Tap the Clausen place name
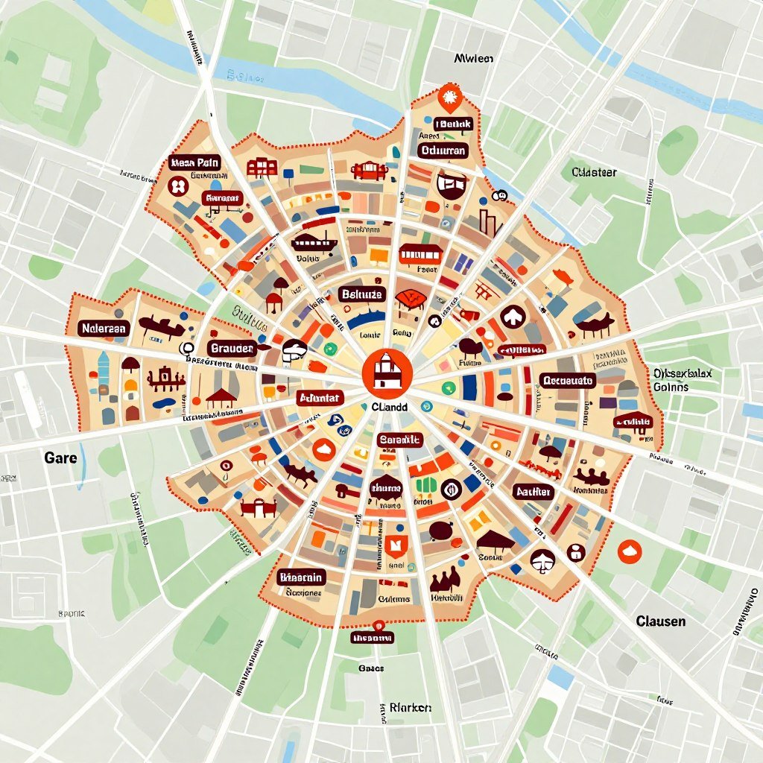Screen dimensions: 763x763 [x=660, y=621]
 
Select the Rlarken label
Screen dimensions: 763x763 [x=410, y=707]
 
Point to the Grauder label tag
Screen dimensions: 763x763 [x=232, y=348]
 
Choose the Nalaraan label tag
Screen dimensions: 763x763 [x=104, y=328]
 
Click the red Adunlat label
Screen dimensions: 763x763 [x=319, y=397]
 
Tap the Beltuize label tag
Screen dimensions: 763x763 [x=361, y=294]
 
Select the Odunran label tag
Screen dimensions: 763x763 [x=443, y=151]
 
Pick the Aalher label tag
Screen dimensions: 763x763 [x=533, y=492]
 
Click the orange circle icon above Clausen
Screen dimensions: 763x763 [x=630, y=551]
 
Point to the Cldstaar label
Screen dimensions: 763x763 [x=594, y=172]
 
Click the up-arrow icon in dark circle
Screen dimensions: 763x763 [x=513, y=317]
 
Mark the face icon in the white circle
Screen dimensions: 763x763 [x=542, y=559]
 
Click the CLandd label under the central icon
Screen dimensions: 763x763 [x=389, y=408]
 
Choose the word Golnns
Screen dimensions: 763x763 [x=671, y=387]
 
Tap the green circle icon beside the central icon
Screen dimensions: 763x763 [x=448, y=387]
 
